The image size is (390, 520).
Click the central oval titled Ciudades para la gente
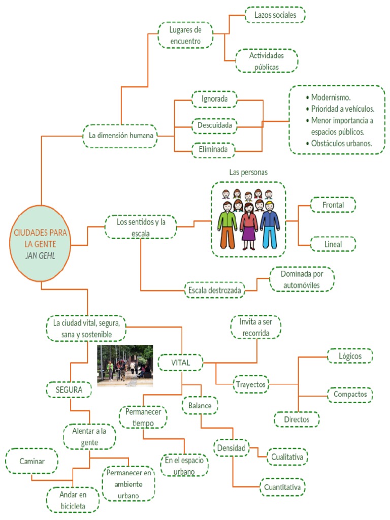pyautogui.click(x=41, y=243)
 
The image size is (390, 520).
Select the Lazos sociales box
pyautogui.click(x=275, y=15)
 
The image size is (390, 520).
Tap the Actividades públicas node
pyautogui.click(x=267, y=61)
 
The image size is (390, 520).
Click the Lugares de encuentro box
pyautogui.click(x=185, y=35)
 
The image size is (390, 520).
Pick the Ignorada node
pyautogui.click(x=214, y=99)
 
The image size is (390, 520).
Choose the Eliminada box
pyautogui.click(x=214, y=150)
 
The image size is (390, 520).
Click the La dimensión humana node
pyautogui.click(x=120, y=136)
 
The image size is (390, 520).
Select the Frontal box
pyautogui.click(x=333, y=205)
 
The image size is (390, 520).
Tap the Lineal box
pyautogui.click(x=333, y=244)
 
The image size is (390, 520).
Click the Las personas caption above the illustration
pyautogui.click(x=248, y=173)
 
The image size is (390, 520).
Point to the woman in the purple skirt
pyautogui.click(x=249, y=227)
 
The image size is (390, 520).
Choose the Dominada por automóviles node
pyautogui.click(x=302, y=279)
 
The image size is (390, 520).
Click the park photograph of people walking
pyautogui.click(x=125, y=366)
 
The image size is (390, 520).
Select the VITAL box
pyautogui.click(x=180, y=363)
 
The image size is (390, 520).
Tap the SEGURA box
pyautogui.click(x=70, y=390)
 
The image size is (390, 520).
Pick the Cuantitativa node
pyautogui.click(x=283, y=488)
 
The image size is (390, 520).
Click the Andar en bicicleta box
pyautogui.click(x=72, y=500)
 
